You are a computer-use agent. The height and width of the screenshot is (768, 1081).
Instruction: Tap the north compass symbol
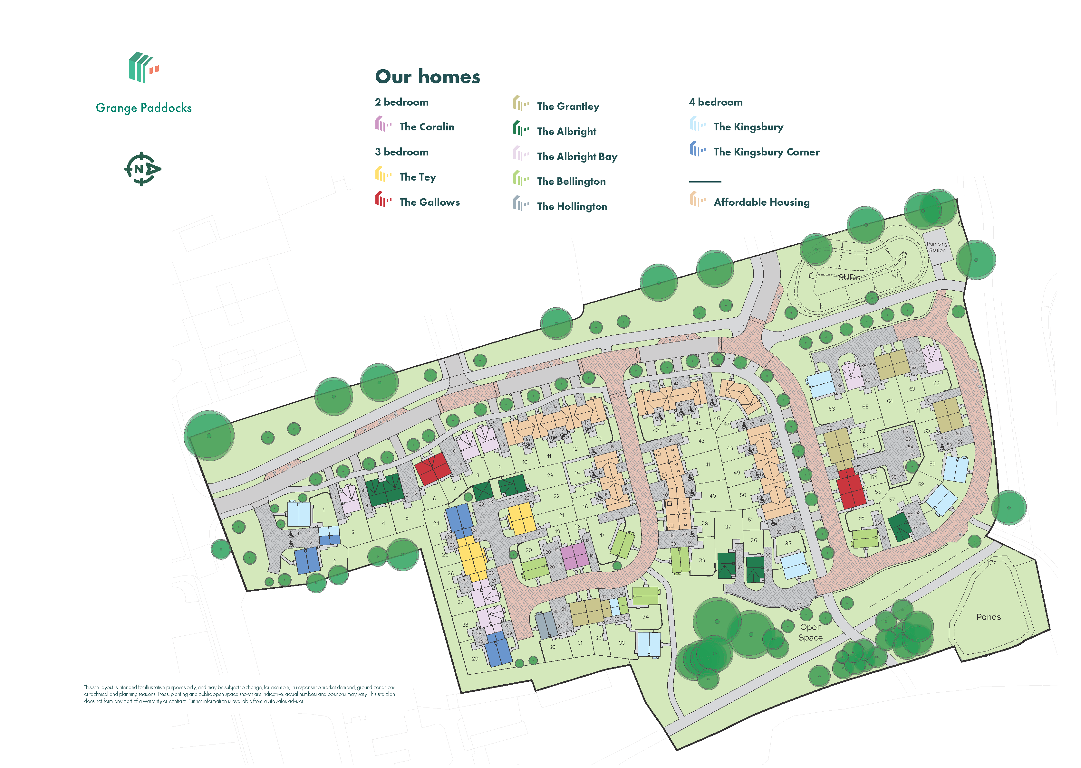142,169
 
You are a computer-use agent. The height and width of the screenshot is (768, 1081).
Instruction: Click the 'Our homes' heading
427,77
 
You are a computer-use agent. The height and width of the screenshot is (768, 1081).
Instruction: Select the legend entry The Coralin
426,127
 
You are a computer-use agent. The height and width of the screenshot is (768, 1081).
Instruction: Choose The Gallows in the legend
429,202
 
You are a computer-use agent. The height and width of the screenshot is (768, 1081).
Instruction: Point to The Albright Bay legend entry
576,156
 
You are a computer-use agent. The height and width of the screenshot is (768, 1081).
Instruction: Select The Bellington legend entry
571,182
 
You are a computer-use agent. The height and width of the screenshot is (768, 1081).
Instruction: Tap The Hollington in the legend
572,207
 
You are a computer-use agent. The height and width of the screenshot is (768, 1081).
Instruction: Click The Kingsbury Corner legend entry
766,152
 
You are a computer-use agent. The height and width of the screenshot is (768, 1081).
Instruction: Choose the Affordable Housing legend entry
761,202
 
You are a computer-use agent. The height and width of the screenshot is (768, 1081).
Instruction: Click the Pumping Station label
937,247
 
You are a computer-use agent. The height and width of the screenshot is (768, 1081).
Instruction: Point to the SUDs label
849,277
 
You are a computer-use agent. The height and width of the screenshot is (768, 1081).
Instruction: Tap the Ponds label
988,617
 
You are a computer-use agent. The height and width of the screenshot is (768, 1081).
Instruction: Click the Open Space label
810,632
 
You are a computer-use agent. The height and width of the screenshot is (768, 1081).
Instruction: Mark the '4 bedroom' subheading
715,102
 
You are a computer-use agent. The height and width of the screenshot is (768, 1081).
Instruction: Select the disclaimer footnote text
239,694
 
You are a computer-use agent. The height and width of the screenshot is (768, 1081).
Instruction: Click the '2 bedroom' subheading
401,102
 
